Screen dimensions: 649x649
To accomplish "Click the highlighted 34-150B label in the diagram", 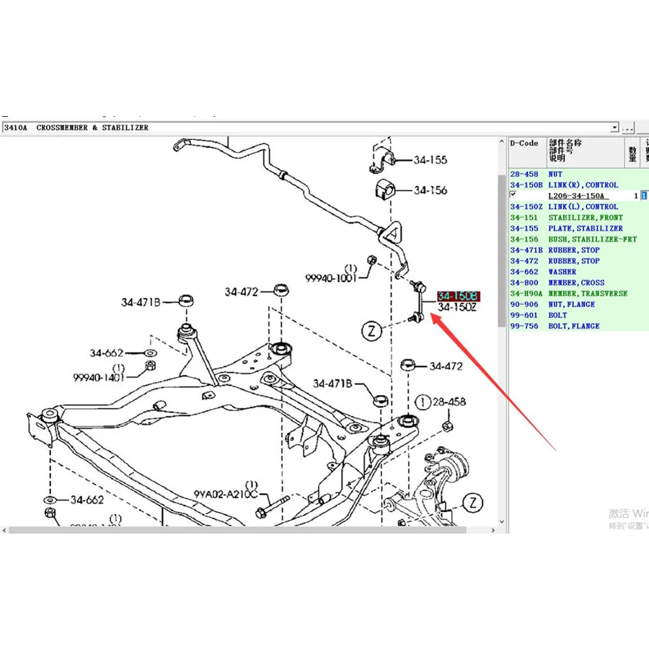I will coord(458,296).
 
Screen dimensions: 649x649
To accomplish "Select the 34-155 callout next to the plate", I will coord(430,161).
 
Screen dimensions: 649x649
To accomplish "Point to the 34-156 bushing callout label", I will coord(430,190).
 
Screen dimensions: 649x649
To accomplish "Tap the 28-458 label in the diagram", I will coord(449,402).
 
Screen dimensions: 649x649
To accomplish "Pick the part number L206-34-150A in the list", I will coord(578,196).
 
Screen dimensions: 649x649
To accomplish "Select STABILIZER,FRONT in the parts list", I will coord(585,218).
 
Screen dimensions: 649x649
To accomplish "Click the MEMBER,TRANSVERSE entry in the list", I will coord(587,293).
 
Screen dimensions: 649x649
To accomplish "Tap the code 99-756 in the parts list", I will coord(524,326).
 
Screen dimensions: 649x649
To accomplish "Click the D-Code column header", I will coord(524,144).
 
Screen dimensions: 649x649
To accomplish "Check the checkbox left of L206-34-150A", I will coord(513,195).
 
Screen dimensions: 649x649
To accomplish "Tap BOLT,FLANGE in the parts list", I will coord(573,326).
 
